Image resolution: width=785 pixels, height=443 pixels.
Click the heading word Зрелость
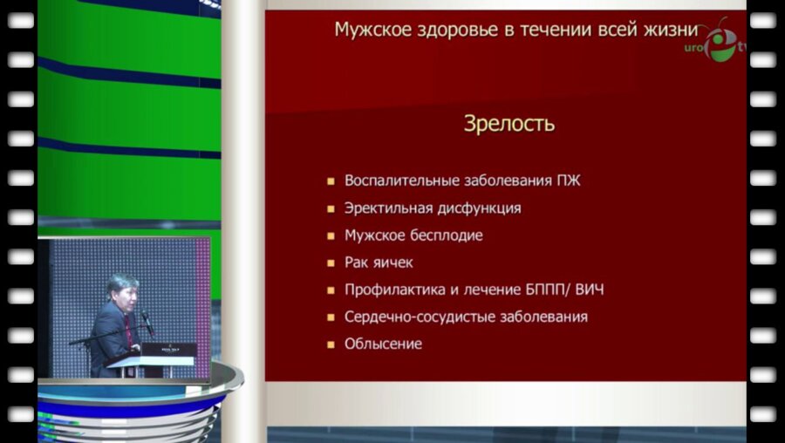tap(509, 124)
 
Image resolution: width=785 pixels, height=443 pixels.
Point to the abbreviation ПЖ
tap(567, 181)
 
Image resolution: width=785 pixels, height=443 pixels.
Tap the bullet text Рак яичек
tap(379, 262)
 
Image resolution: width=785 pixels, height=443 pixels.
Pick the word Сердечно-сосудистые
tap(407, 317)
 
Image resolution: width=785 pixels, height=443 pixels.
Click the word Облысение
tap(383, 344)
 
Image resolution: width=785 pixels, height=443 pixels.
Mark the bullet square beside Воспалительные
tap(331, 182)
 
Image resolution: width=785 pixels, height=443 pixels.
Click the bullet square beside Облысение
tap(331, 344)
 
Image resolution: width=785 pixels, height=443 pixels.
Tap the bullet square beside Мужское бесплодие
tap(331, 236)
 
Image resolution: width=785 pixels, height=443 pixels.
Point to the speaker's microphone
tap(147, 322)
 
